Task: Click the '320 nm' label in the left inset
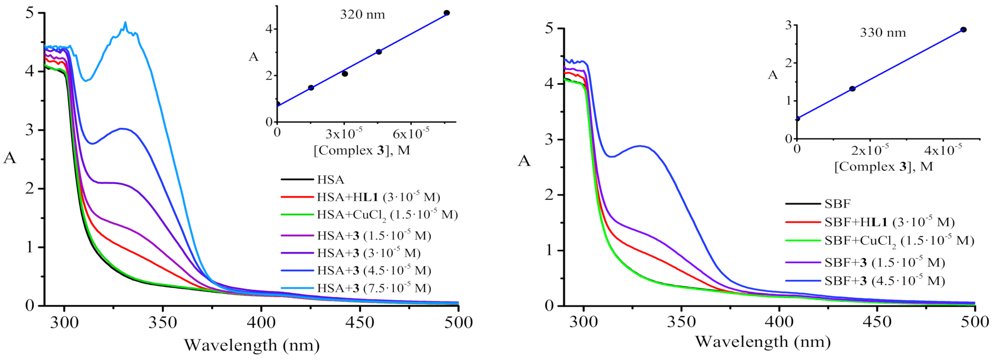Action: pyautogui.click(x=362, y=15)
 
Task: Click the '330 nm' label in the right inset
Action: pyautogui.click(x=883, y=33)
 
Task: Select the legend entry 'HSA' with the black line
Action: pyautogui.click(x=330, y=180)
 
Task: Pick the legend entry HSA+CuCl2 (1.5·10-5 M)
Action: pyautogui.click(x=387, y=215)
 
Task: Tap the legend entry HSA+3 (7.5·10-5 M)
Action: pyautogui.click(x=374, y=288)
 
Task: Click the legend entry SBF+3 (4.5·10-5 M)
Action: pyautogui.click(x=885, y=281)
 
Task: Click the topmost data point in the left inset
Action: pyautogui.click(x=447, y=13)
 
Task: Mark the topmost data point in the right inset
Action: pyautogui.click(x=963, y=30)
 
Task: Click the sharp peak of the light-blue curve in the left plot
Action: pyautogui.click(x=125, y=23)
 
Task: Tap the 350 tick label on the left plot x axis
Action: pyautogui.click(x=163, y=322)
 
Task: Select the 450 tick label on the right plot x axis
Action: pyautogui.click(x=877, y=322)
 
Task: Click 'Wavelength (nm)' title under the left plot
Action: pyautogui.click(x=252, y=345)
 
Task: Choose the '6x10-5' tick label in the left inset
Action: pyautogui.click(x=411, y=134)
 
